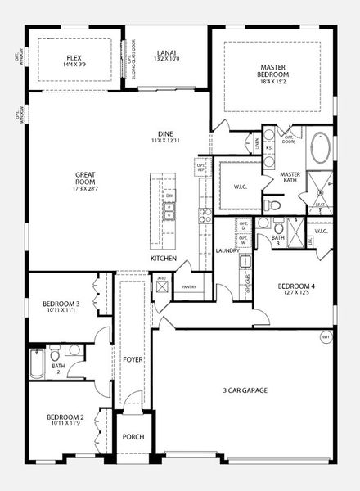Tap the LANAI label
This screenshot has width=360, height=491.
[166, 53]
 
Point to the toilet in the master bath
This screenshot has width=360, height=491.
[275, 204]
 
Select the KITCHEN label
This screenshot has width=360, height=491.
[163, 259]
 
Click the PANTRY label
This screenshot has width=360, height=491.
[189, 287]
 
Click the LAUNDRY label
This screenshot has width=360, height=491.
[227, 250]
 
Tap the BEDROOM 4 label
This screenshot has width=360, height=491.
[295, 286]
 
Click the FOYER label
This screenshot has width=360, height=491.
[133, 359]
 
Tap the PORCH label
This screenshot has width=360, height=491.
[133, 437]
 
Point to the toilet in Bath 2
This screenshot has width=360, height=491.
[54, 357]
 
